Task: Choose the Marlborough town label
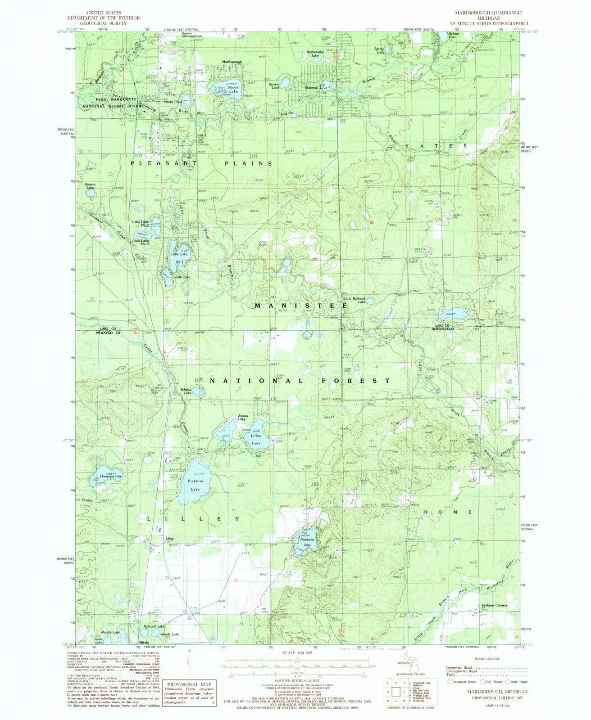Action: (x=232, y=62)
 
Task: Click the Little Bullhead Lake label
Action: (x=355, y=300)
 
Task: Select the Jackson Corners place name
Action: (x=494, y=605)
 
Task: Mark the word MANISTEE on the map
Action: (x=300, y=306)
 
